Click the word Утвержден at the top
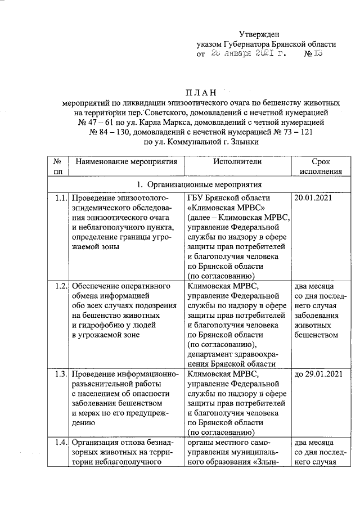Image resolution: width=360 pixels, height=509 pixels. point(259,34)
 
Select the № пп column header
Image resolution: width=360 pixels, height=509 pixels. point(57,166)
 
